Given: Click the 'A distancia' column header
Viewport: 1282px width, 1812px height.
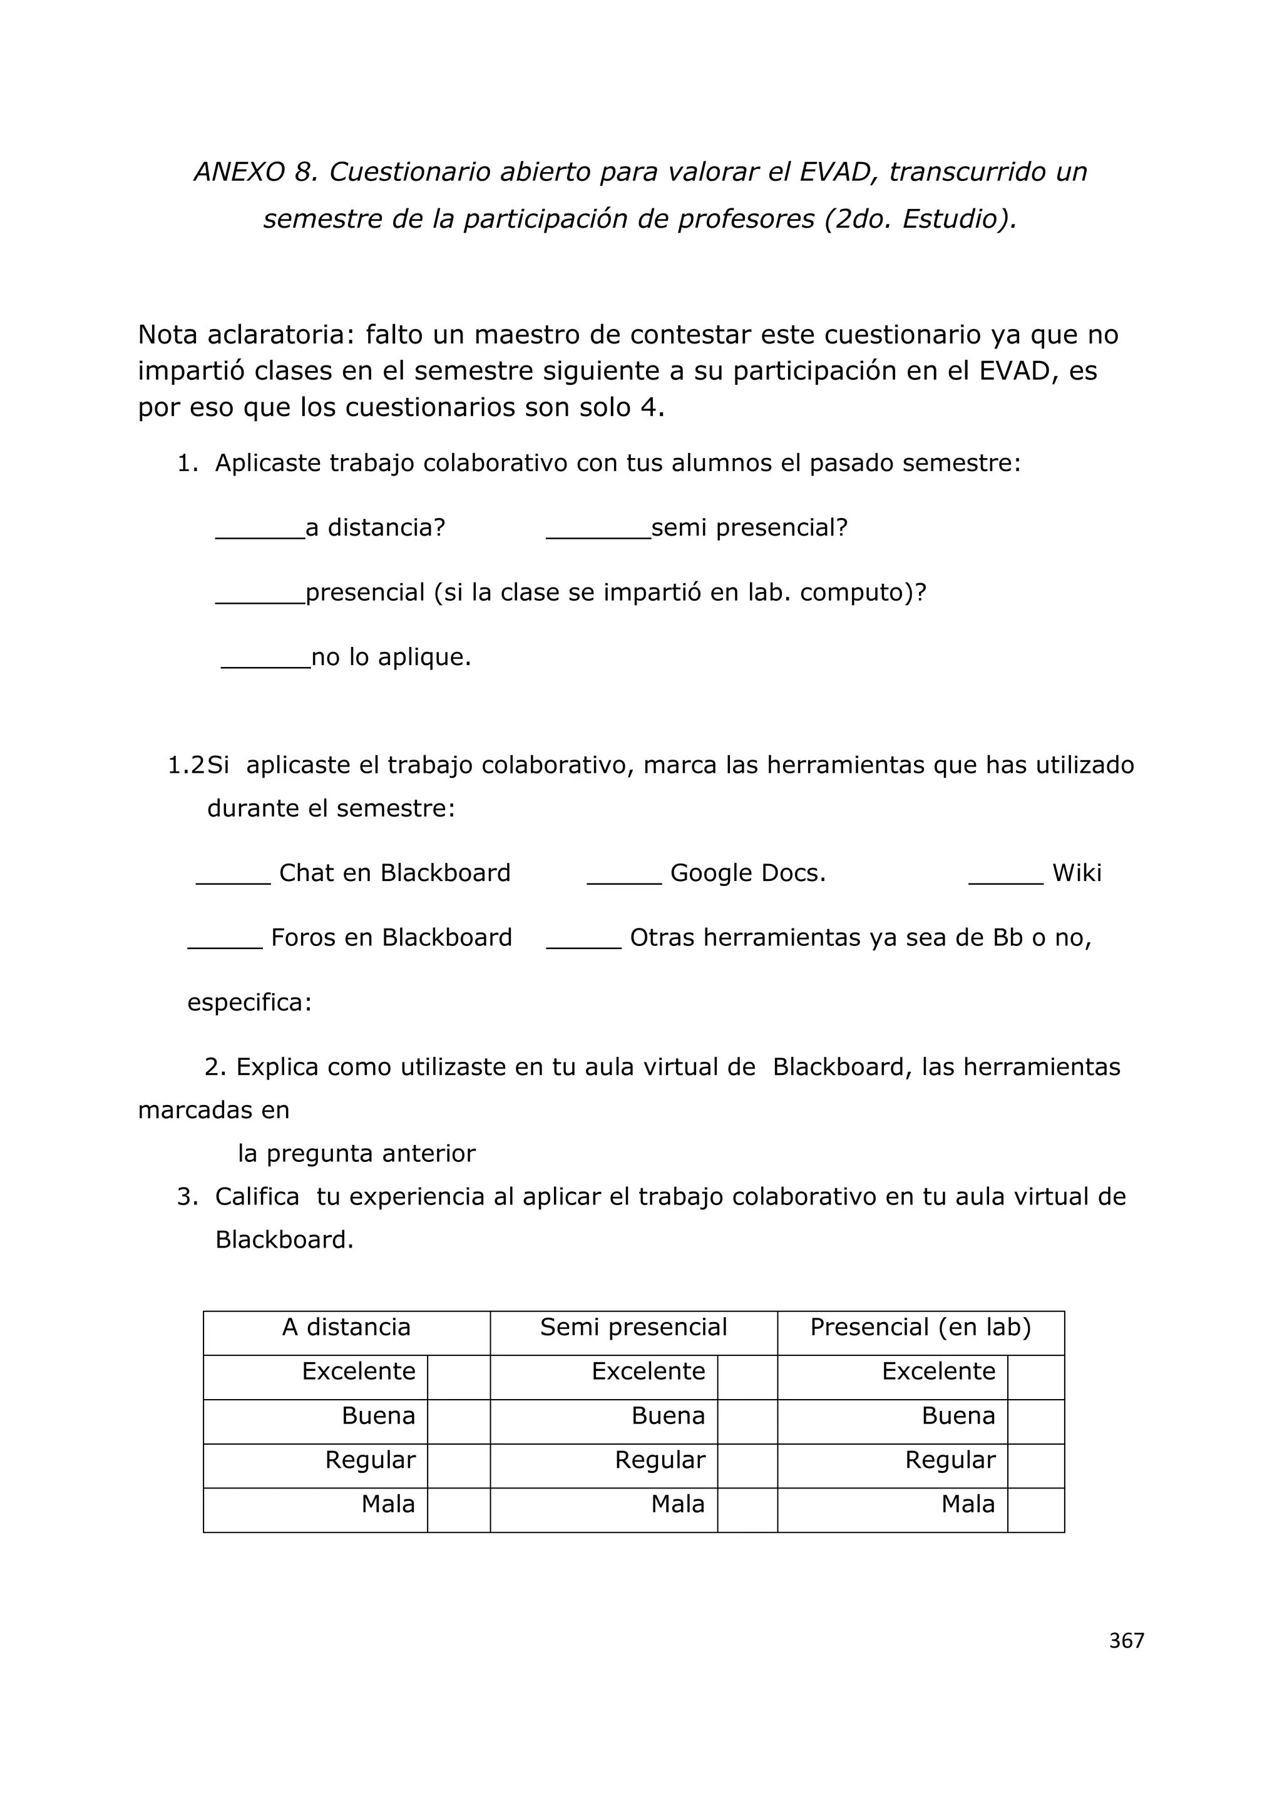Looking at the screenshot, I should click(347, 1326).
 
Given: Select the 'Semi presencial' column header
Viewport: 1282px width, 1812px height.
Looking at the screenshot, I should click(633, 1326).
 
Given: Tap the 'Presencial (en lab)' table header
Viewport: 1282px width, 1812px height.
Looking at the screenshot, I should click(920, 1326).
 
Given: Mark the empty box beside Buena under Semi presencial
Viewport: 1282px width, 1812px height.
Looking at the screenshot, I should click(747, 1422).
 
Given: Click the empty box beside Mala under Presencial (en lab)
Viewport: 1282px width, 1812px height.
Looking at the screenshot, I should click(1036, 1510).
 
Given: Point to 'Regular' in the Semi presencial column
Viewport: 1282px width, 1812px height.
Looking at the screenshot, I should click(660, 1459).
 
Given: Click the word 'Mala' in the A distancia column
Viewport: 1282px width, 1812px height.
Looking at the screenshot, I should click(387, 1504).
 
